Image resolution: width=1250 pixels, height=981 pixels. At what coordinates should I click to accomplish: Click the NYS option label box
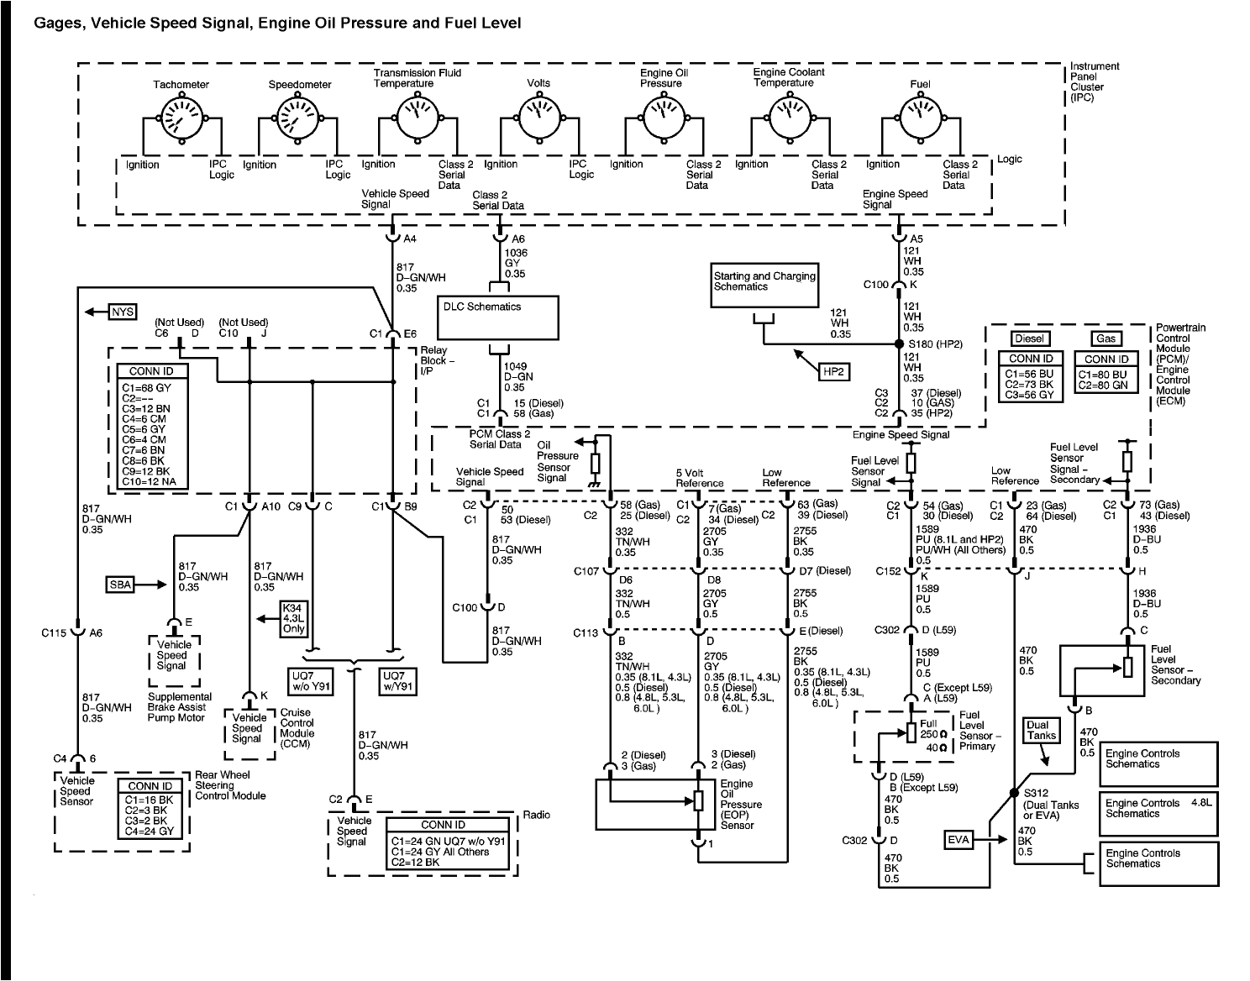tap(123, 312)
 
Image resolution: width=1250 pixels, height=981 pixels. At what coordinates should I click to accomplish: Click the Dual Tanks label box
tap(1042, 730)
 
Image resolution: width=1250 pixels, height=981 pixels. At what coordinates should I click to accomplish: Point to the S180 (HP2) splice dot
tap(898, 344)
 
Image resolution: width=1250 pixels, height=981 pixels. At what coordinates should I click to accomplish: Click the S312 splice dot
tap(1015, 793)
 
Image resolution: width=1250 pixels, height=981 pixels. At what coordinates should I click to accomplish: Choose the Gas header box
tap(1105, 338)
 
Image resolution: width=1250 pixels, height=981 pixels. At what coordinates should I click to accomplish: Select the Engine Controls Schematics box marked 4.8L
tap(1158, 812)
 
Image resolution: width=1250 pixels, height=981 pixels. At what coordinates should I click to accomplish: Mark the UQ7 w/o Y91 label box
tap(313, 679)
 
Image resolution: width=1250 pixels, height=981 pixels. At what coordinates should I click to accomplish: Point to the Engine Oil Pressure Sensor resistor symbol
tap(697, 800)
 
